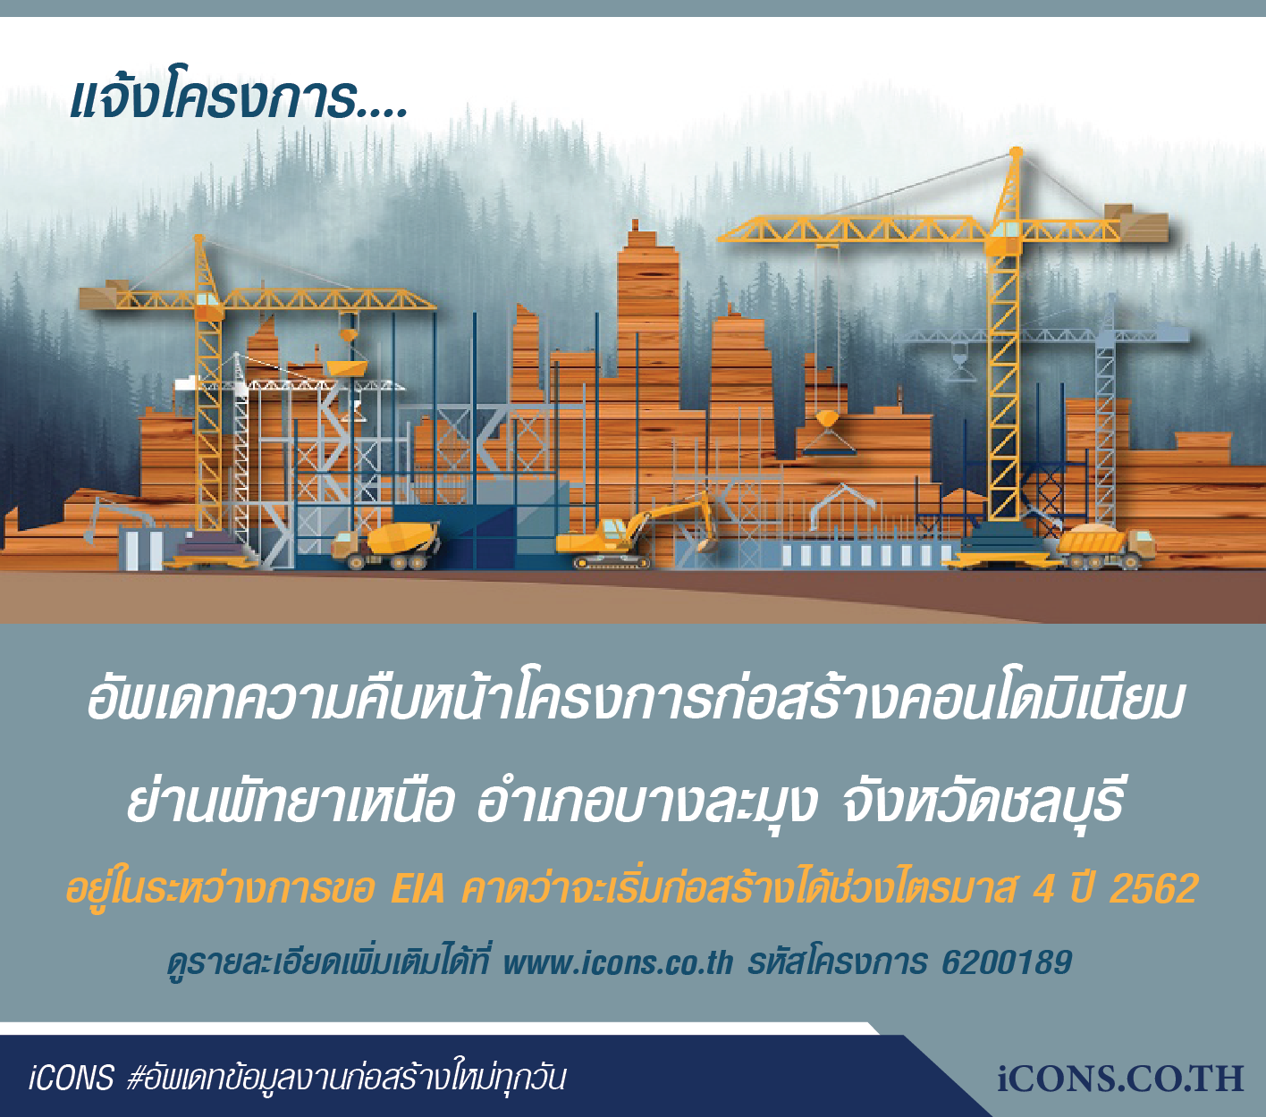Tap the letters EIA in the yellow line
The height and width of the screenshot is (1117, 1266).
pyautogui.click(x=418, y=888)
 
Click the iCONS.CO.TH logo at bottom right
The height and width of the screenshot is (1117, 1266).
pyautogui.click(x=1119, y=1079)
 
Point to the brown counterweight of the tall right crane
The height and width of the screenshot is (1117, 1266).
pyautogui.click(x=1144, y=223)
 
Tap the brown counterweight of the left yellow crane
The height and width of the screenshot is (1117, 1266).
pyautogui.click(x=101, y=296)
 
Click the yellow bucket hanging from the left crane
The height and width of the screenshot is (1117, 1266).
pyautogui.click(x=348, y=365)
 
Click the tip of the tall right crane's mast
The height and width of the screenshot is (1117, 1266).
pyautogui.click(x=1016, y=150)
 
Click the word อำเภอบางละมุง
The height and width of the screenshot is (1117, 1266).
pyautogui.click(x=646, y=804)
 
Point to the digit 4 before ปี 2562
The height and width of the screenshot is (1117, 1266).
pyautogui.click(x=1043, y=888)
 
